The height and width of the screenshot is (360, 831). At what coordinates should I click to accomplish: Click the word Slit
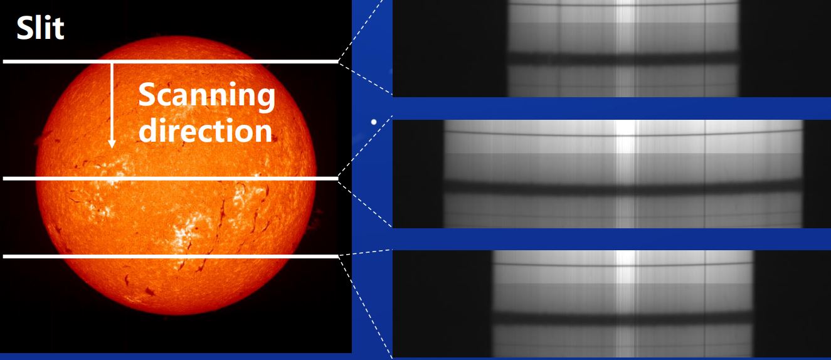click(x=40, y=28)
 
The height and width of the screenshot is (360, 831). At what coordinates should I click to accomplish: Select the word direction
click(x=206, y=130)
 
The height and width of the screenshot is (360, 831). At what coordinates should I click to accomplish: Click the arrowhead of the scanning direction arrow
click(x=112, y=144)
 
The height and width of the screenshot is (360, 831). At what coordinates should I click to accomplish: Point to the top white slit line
click(x=171, y=61)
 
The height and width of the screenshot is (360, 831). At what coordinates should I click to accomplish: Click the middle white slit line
click(x=171, y=179)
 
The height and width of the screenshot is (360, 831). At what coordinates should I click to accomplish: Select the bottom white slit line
click(x=171, y=257)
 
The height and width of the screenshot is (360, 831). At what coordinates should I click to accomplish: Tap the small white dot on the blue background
click(x=374, y=122)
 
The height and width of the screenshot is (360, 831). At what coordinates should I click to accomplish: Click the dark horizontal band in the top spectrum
click(x=623, y=59)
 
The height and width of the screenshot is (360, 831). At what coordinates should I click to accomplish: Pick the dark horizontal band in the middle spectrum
click(x=623, y=188)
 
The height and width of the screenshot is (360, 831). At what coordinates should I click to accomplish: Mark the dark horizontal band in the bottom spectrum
click(x=623, y=318)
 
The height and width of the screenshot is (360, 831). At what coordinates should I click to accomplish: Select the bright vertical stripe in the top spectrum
click(x=625, y=48)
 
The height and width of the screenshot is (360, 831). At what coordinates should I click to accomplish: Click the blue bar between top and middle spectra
click(x=611, y=109)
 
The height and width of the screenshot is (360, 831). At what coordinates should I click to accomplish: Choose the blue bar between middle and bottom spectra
click(x=611, y=239)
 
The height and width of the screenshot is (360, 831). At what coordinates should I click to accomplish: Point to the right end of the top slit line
click(x=337, y=61)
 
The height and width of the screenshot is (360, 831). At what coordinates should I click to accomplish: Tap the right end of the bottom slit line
click(x=337, y=257)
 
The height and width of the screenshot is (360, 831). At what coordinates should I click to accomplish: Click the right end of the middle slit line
click(x=337, y=179)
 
